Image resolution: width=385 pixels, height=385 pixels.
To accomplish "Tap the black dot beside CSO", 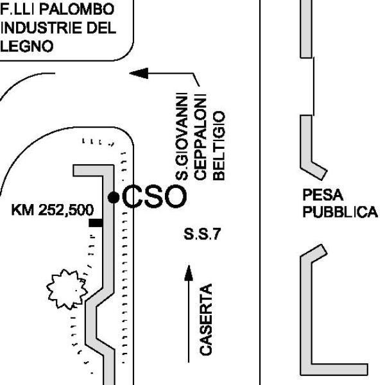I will click(114, 197).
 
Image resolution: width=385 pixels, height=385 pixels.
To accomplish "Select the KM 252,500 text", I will click(52, 210).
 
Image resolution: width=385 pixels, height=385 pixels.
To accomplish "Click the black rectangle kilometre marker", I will click(96, 223).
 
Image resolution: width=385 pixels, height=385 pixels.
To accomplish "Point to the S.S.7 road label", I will click(201, 234).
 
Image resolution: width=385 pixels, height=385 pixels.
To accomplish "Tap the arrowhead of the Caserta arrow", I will click(189, 273).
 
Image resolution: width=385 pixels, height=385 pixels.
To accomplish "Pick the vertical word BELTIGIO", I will click(219, 145).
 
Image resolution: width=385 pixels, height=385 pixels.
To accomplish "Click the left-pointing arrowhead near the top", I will click(139, 73).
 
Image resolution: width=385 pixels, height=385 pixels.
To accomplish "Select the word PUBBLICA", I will click(339, 212).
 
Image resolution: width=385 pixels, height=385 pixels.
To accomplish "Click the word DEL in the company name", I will click(101, 29).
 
